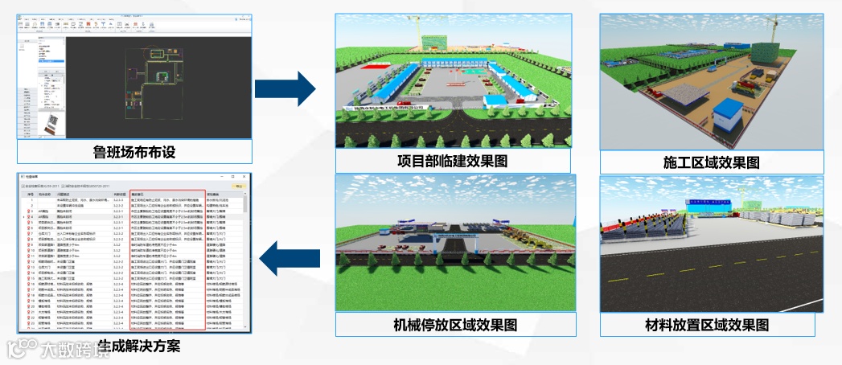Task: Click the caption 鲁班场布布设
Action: pyautogui.click(x=133, y=152)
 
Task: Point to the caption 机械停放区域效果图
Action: pyautogui.click(x=454, y=324)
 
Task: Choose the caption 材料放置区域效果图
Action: pyautogui.click(x=707, y=324)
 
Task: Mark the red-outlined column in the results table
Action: pyautogui.click(x=167, y=261)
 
